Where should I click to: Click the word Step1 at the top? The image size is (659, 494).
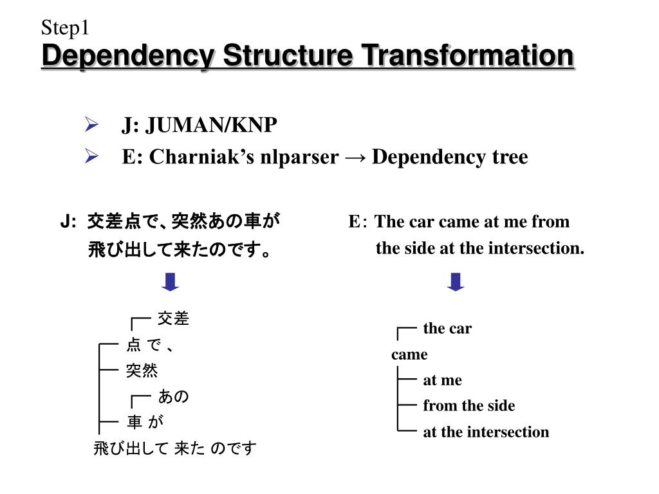(x=64, y=28)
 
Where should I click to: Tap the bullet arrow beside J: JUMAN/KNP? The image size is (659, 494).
(x=91, y=125)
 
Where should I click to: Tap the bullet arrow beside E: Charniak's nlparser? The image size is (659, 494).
(x=91, y=156)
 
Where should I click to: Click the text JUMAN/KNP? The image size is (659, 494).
(x=211, y=125)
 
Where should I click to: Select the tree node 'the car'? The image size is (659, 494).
(x=447, y=329)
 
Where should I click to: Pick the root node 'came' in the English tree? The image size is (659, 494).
(x=409, y=354)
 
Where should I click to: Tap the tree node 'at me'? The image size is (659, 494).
(x=442, y=380)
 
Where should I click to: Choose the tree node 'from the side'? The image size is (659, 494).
(x=469, y=406)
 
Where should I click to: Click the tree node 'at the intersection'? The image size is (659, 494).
(x=486, y=432)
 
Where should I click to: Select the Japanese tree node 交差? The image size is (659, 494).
(x=173, y=319)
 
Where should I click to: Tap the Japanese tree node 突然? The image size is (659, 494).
(x=142, y=370)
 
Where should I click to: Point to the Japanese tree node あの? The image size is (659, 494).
(x=173, y=397)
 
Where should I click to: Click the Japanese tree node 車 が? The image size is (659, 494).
(x=145, y=423)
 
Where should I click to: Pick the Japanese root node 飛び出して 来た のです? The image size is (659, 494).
(x=174, y=448)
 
